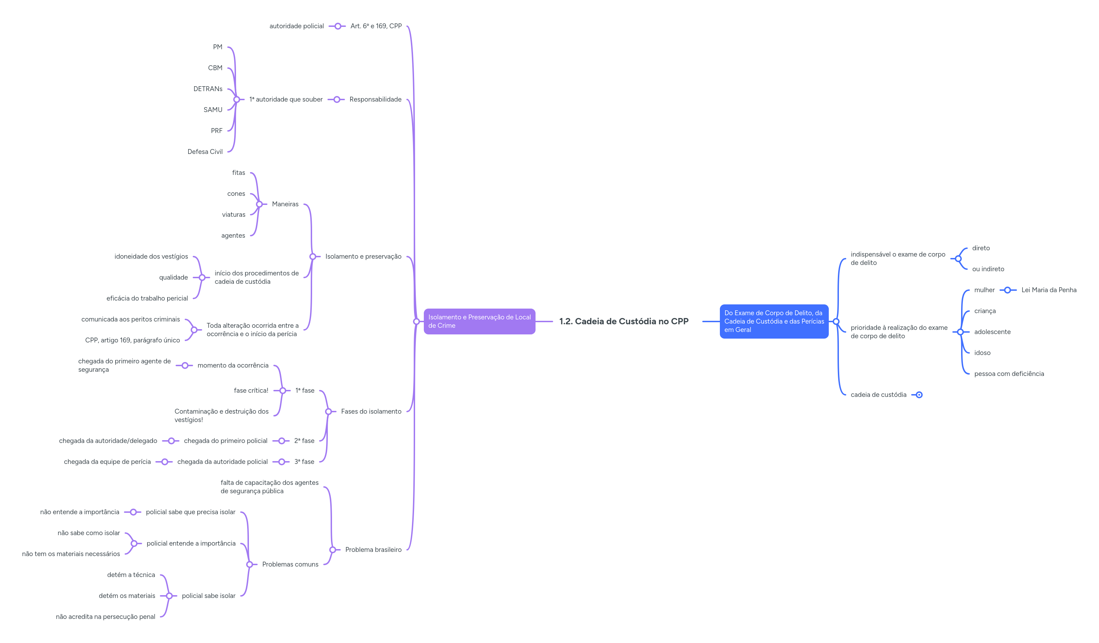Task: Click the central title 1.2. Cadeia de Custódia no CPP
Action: [624, 321]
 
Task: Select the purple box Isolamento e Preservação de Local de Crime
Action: [479, 321]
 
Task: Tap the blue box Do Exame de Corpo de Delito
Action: [774, 321]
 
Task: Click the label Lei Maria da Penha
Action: [1048, 290]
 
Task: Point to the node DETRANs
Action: [208, 89]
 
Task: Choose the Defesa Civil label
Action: [205, 152]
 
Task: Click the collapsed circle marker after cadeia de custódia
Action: [919, 395]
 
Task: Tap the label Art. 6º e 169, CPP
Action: [376, 26]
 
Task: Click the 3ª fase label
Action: [304, 461]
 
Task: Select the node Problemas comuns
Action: [290, 564]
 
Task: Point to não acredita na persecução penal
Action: [105, 617]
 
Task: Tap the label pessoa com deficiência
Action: [1009, 374]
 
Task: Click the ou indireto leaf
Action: [988, 269]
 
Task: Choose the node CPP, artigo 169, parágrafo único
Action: [132, 340]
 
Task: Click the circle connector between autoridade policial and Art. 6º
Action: [338, 26]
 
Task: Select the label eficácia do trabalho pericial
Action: [147, 298]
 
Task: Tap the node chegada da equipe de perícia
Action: [107, 461]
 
